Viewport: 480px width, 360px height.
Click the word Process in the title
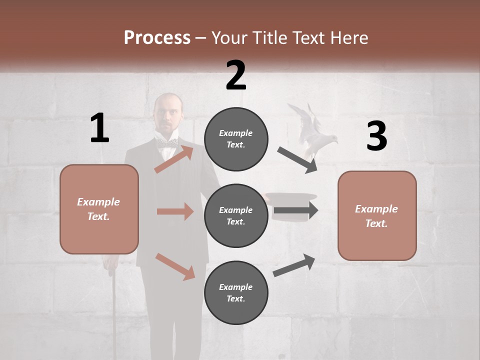point(157,37)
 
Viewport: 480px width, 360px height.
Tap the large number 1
point(99,128)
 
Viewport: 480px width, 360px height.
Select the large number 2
point(236,75)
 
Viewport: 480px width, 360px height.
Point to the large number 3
point(376,136)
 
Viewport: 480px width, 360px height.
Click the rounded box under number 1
point(99,209)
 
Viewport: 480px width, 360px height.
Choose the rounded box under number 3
point(377,216)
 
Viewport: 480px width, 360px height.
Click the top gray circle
point(236,139)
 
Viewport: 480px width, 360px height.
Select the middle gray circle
point(236,215)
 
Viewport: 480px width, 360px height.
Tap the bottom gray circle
point(236,292)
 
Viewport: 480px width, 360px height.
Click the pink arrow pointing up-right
point(173,159)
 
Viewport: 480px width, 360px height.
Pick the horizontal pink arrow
point(175,211)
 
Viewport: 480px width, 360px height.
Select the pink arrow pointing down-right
point(175,266)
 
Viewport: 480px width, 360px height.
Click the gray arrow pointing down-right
point(297,160)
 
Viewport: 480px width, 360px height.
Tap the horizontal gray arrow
point(296,210)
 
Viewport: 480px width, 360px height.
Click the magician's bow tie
point(167,143)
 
